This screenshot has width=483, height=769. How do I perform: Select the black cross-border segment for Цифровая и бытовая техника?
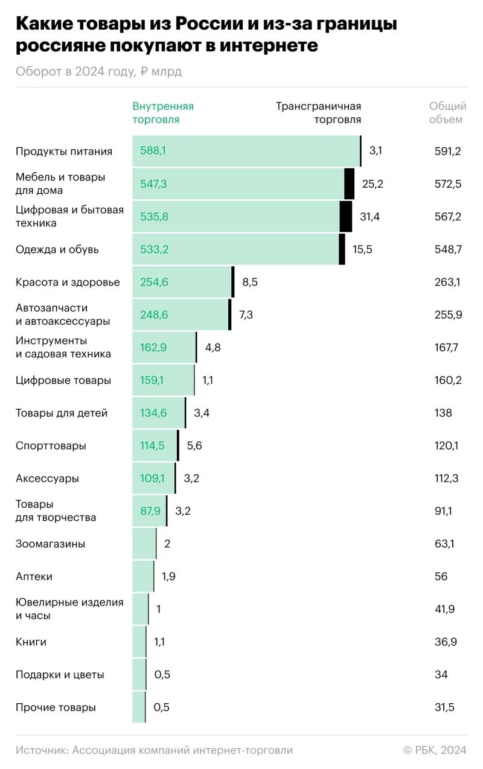[x=346, y=217]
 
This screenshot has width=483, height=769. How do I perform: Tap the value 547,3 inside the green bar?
[x=153, y=183]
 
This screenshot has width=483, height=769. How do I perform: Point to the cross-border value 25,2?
[x=373, y=183]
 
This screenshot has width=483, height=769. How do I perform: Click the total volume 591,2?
[x=447, y=151]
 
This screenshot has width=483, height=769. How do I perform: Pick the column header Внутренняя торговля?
[x=163, y=113]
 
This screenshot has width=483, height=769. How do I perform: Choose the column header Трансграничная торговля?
[x=319, y=113]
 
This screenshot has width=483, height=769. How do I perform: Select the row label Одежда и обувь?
[x=57, y=249]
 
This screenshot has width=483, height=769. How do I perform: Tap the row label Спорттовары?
[x=51, y=445]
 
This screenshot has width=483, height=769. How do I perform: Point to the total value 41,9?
[x=444, y=609]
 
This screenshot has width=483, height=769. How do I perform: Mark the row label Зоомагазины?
[x=50, y=544]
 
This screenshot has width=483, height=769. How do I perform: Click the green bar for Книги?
[x=139, y=642]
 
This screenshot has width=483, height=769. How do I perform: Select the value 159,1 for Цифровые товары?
[x=152, y=380]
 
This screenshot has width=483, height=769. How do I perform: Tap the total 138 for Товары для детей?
[x=443, y=413]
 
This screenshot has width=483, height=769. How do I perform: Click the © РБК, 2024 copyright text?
[x=435, y=750]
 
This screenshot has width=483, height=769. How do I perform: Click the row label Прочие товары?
[x=56, y=707]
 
